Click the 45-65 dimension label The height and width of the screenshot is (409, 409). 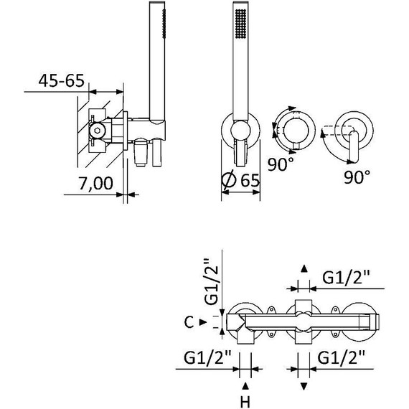(62, 80)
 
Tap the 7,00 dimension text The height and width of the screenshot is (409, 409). (95, 183)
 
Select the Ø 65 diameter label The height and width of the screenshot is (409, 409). (240, 180)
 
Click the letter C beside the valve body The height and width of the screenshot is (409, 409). (189, 322)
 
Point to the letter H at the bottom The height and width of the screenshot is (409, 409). (245, 402)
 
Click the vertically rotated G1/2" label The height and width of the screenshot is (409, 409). (211, 282)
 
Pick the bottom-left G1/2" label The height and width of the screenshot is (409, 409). (207, 357)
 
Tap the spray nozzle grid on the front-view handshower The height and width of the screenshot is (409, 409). (240, 24)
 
